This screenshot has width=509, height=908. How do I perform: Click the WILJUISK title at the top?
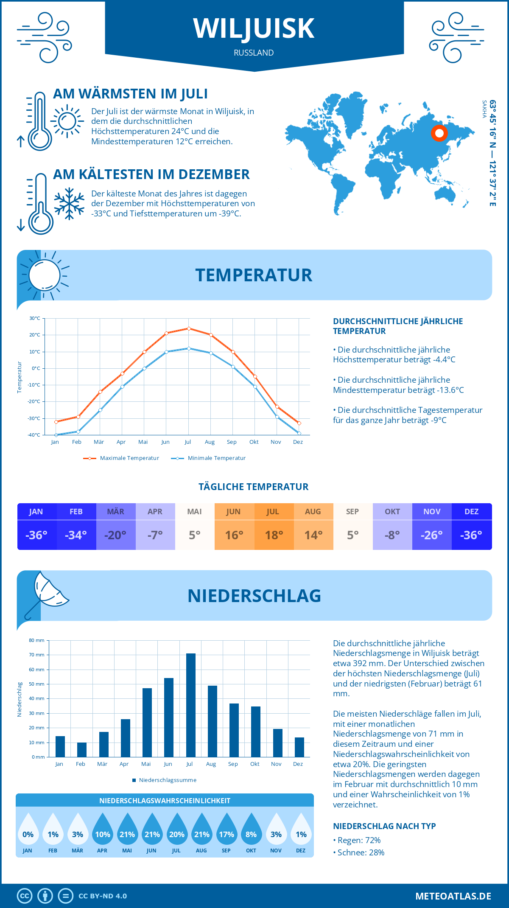[x=254, y=29]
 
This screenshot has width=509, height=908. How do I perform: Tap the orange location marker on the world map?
[x=439, y=133]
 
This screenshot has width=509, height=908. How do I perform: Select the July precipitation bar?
[x=191, y=705]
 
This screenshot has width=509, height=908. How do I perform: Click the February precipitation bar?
[x=82, y=749]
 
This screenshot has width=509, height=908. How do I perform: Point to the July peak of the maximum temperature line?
[x=189, y=328]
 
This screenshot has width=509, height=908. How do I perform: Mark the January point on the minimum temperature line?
[x=56, y=435]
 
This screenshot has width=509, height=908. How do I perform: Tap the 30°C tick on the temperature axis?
[x=35, y=318]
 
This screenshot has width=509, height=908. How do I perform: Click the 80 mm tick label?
[x=36, y=640]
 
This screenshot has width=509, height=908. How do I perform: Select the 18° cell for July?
[x=274, y=535]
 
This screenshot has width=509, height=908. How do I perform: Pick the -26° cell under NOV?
[x=431, y=535]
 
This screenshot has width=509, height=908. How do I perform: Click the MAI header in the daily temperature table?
[x=194, y=512]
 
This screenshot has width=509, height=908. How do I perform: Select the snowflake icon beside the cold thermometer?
[x=69, y=204]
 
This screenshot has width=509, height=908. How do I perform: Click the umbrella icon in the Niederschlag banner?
[x=47, y=592]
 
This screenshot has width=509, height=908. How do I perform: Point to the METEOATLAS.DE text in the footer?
[x=453, y=896]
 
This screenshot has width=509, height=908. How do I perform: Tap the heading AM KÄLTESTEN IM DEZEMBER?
[x=151, y=174]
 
